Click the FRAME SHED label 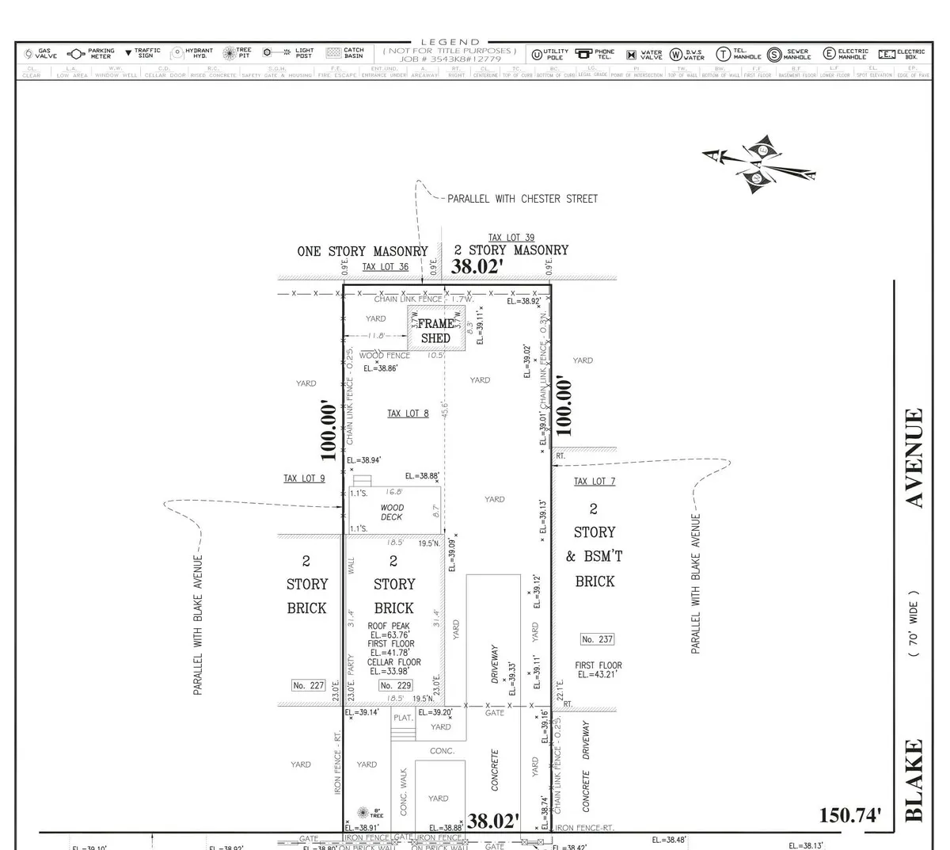point(435,330)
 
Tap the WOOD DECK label point(392,513)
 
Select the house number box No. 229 point(397,685)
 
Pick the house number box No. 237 point(597,639)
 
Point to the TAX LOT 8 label point(408,414)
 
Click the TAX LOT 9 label point(304,478)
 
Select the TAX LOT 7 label point(594,482)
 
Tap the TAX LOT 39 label point(511,238)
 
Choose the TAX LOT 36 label point(386,267)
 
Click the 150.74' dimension point(849,816)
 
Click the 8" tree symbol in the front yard point(363,813)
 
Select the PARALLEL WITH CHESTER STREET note point(522,199)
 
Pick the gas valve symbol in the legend point(28,54)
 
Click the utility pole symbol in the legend point(537,55)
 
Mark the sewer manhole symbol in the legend point(774,54)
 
